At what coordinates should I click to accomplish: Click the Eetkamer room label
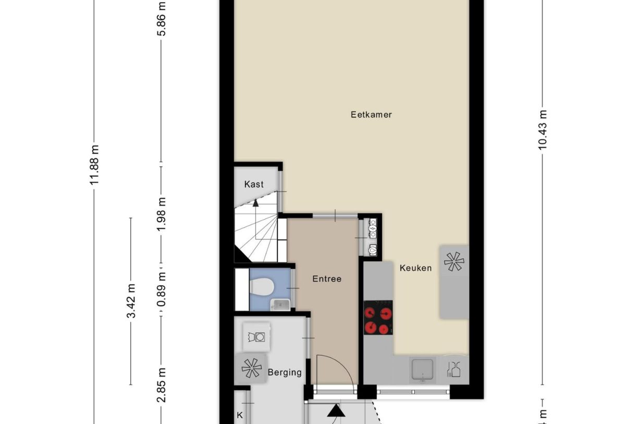coord(371,114)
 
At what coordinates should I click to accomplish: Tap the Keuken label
coord(415,268)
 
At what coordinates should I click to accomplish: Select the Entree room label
coord(327,279)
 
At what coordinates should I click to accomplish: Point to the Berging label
coord(285,372)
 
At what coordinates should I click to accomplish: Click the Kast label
coord(254,184)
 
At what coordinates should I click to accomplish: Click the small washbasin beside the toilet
coord(280,304)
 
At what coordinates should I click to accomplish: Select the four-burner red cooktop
coord(377,318)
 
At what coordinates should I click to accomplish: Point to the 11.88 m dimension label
coord(94,165)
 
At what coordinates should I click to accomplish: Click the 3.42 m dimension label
coord(131,301)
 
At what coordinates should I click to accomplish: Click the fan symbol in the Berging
coord(251,368)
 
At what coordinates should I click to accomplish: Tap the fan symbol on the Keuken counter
coord(454,261)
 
